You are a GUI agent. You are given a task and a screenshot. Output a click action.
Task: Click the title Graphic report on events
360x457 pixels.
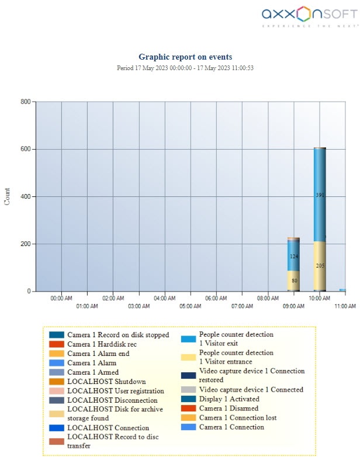point(185,57)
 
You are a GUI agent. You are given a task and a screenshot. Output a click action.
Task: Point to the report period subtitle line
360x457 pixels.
point(185,68)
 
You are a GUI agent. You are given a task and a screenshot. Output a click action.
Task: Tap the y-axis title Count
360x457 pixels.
point(7,196)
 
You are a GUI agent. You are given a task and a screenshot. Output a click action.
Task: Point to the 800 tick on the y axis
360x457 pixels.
point(25,102)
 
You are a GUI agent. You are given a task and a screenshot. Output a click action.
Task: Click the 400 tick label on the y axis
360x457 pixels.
point(25,196)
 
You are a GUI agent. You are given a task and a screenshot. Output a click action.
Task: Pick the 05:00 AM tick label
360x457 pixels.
point(190,306)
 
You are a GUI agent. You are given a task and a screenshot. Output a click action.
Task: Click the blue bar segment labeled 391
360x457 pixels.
point(319,195)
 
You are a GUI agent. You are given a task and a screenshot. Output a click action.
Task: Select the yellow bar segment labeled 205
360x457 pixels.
point(319,265)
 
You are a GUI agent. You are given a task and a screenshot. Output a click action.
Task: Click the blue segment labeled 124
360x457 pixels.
point(293,256)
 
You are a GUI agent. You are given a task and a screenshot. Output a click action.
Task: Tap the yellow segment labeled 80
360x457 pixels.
point(293,281)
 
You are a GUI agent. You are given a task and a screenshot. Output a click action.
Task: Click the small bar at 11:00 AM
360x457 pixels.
point(342,290)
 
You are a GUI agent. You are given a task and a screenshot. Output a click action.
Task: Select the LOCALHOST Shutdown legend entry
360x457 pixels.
point(106,382)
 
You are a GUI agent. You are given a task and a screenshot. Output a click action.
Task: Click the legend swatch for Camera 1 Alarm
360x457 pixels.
point(56,363)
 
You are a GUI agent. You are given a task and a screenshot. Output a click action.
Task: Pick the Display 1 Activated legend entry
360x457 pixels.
point(229,399)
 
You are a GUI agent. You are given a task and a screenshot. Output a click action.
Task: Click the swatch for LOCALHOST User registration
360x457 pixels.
point(56,391)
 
